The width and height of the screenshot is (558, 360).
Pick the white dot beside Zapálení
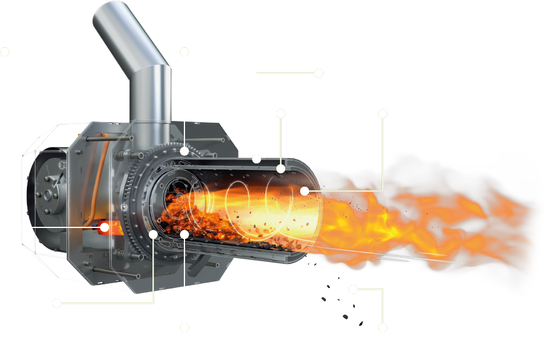pos(5,51)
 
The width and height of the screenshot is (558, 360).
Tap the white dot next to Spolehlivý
pos(184,51)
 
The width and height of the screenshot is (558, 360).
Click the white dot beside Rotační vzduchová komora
pos(318,73)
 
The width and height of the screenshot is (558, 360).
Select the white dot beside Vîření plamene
pos(382,114)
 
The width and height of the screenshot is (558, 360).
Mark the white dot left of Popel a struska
pos(382,328)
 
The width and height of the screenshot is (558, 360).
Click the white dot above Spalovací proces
pos(56,303)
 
